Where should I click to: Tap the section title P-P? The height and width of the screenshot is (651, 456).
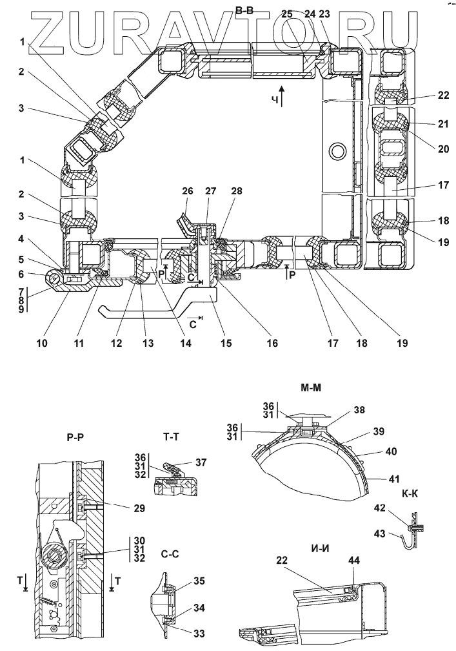pos(75,437)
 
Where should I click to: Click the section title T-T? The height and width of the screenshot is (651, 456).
pos(171,437)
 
